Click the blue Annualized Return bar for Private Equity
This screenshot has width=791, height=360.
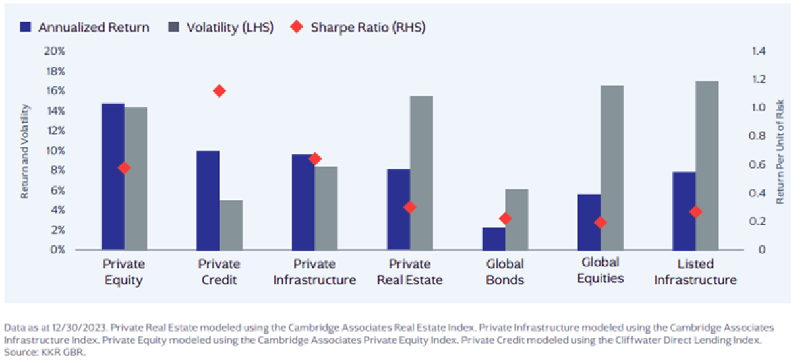pos(113,176)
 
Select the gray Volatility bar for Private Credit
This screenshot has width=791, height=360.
pos(231,225)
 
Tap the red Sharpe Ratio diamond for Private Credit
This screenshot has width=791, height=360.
pos(220,91)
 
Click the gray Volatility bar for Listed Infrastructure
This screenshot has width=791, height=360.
pos(707,165)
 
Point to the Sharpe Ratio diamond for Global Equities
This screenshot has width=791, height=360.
pos(600,223)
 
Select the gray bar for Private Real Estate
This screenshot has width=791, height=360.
pos(421,173)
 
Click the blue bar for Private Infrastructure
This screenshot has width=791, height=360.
pos(303,202)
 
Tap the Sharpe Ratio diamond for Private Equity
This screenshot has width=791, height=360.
pos(124,168)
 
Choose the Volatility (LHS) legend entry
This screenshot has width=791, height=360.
pos(220,28)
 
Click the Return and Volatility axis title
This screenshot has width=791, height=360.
pos(25,150)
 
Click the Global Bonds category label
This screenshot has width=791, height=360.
pos(505,272)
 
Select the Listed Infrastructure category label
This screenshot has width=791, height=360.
pos(695,272)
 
